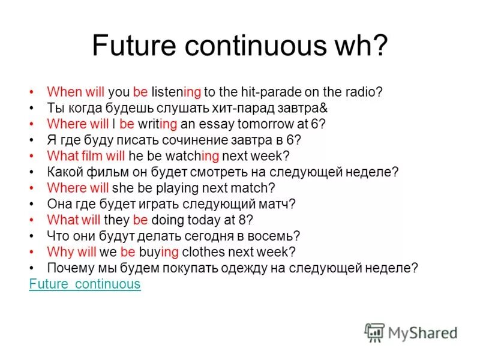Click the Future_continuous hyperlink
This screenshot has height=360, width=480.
[x=85, y=284]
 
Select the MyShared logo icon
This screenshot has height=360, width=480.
[x=374, y=332]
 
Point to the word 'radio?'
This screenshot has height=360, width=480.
[x=362, y=92]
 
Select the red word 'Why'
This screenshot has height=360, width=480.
[x=59, y=251]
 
